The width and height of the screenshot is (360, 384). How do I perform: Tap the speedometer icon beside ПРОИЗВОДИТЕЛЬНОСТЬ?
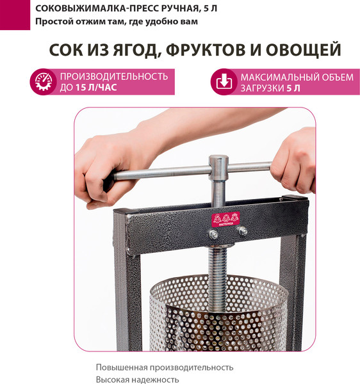tap(43, 83)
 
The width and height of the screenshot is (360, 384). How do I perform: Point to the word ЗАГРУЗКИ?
tap(262, 89)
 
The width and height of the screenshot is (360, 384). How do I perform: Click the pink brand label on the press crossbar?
tap(225, 220)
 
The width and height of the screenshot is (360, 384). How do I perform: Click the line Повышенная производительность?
tap(165, 367)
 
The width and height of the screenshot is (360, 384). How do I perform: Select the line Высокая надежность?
tap(137, 380)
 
